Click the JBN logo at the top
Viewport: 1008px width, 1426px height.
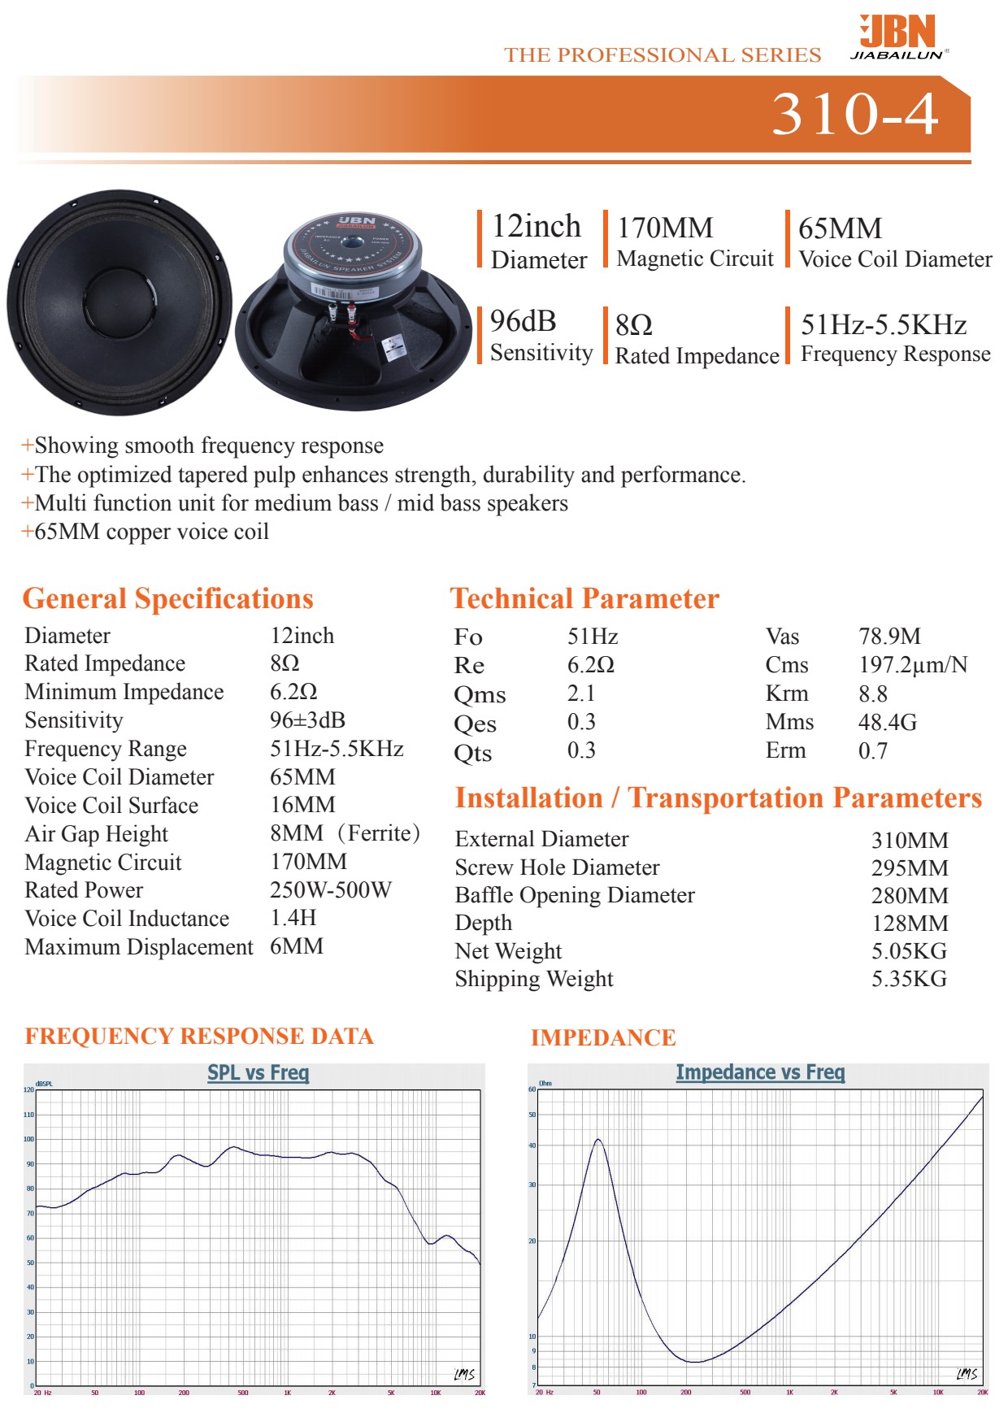898,37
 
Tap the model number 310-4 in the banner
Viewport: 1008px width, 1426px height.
855,114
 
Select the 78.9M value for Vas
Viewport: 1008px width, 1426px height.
889,637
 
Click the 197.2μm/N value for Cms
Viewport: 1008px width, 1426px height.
913,665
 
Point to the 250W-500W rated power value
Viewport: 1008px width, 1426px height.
330,890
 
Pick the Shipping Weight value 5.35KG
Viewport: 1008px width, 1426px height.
909,979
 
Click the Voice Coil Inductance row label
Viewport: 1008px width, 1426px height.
127,919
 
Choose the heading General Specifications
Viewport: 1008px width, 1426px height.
167,599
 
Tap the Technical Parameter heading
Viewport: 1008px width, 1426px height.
584,599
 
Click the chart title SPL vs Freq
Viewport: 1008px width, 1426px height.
258,1073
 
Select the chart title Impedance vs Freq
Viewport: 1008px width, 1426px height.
760,1073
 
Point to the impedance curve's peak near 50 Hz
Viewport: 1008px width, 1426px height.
598,1140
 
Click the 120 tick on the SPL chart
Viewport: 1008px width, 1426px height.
29,1089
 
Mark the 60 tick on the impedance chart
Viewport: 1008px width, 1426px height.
532,1089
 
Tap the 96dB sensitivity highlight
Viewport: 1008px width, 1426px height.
523,322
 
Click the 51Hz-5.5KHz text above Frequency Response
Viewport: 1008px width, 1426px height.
884,325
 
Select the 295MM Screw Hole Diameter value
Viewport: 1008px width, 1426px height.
909,868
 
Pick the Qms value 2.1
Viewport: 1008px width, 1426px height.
581,693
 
